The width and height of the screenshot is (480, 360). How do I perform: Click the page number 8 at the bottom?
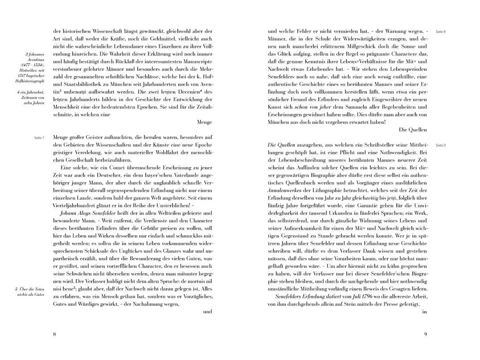(54, 335)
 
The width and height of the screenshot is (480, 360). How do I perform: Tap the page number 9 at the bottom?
(426, 335)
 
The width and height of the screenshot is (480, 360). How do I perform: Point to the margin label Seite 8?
(441, 32)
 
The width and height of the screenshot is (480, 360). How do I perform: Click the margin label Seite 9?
(441, 145)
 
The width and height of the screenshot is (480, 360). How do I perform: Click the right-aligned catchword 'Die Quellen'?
(413, 130)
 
